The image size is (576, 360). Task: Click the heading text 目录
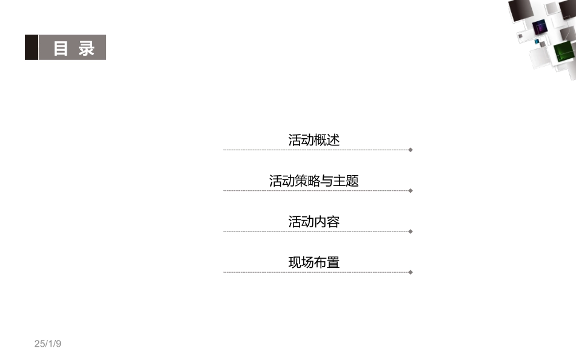coord(74,48)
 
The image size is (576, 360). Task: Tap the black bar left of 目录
coord(31,47)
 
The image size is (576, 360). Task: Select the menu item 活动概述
coord(313,140)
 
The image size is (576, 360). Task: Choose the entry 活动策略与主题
coord(313,181)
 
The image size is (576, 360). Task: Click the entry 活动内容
coord(313,222)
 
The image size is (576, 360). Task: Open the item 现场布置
coord(313,262)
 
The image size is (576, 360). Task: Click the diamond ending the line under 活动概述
coord(410,150)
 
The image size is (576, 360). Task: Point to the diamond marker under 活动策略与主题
coord(410,190)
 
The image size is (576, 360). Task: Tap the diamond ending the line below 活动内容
coord(410,232)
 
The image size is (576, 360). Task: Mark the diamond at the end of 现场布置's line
coord(410,272)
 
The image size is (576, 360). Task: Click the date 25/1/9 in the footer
coord(48,344)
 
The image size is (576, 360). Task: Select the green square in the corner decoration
coord(563,53)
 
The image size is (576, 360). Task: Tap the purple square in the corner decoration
coord(540,27)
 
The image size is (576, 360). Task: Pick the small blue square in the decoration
coord(536,42)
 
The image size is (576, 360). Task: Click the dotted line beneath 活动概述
coord(315,150)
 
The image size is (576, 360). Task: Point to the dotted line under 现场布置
coord(315,272)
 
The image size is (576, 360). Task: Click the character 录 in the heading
coord(87,48)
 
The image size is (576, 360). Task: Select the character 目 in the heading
coord(61,48)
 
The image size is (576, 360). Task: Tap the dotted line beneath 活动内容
coord(315,232)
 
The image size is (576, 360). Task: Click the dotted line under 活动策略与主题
coord(315,190)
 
